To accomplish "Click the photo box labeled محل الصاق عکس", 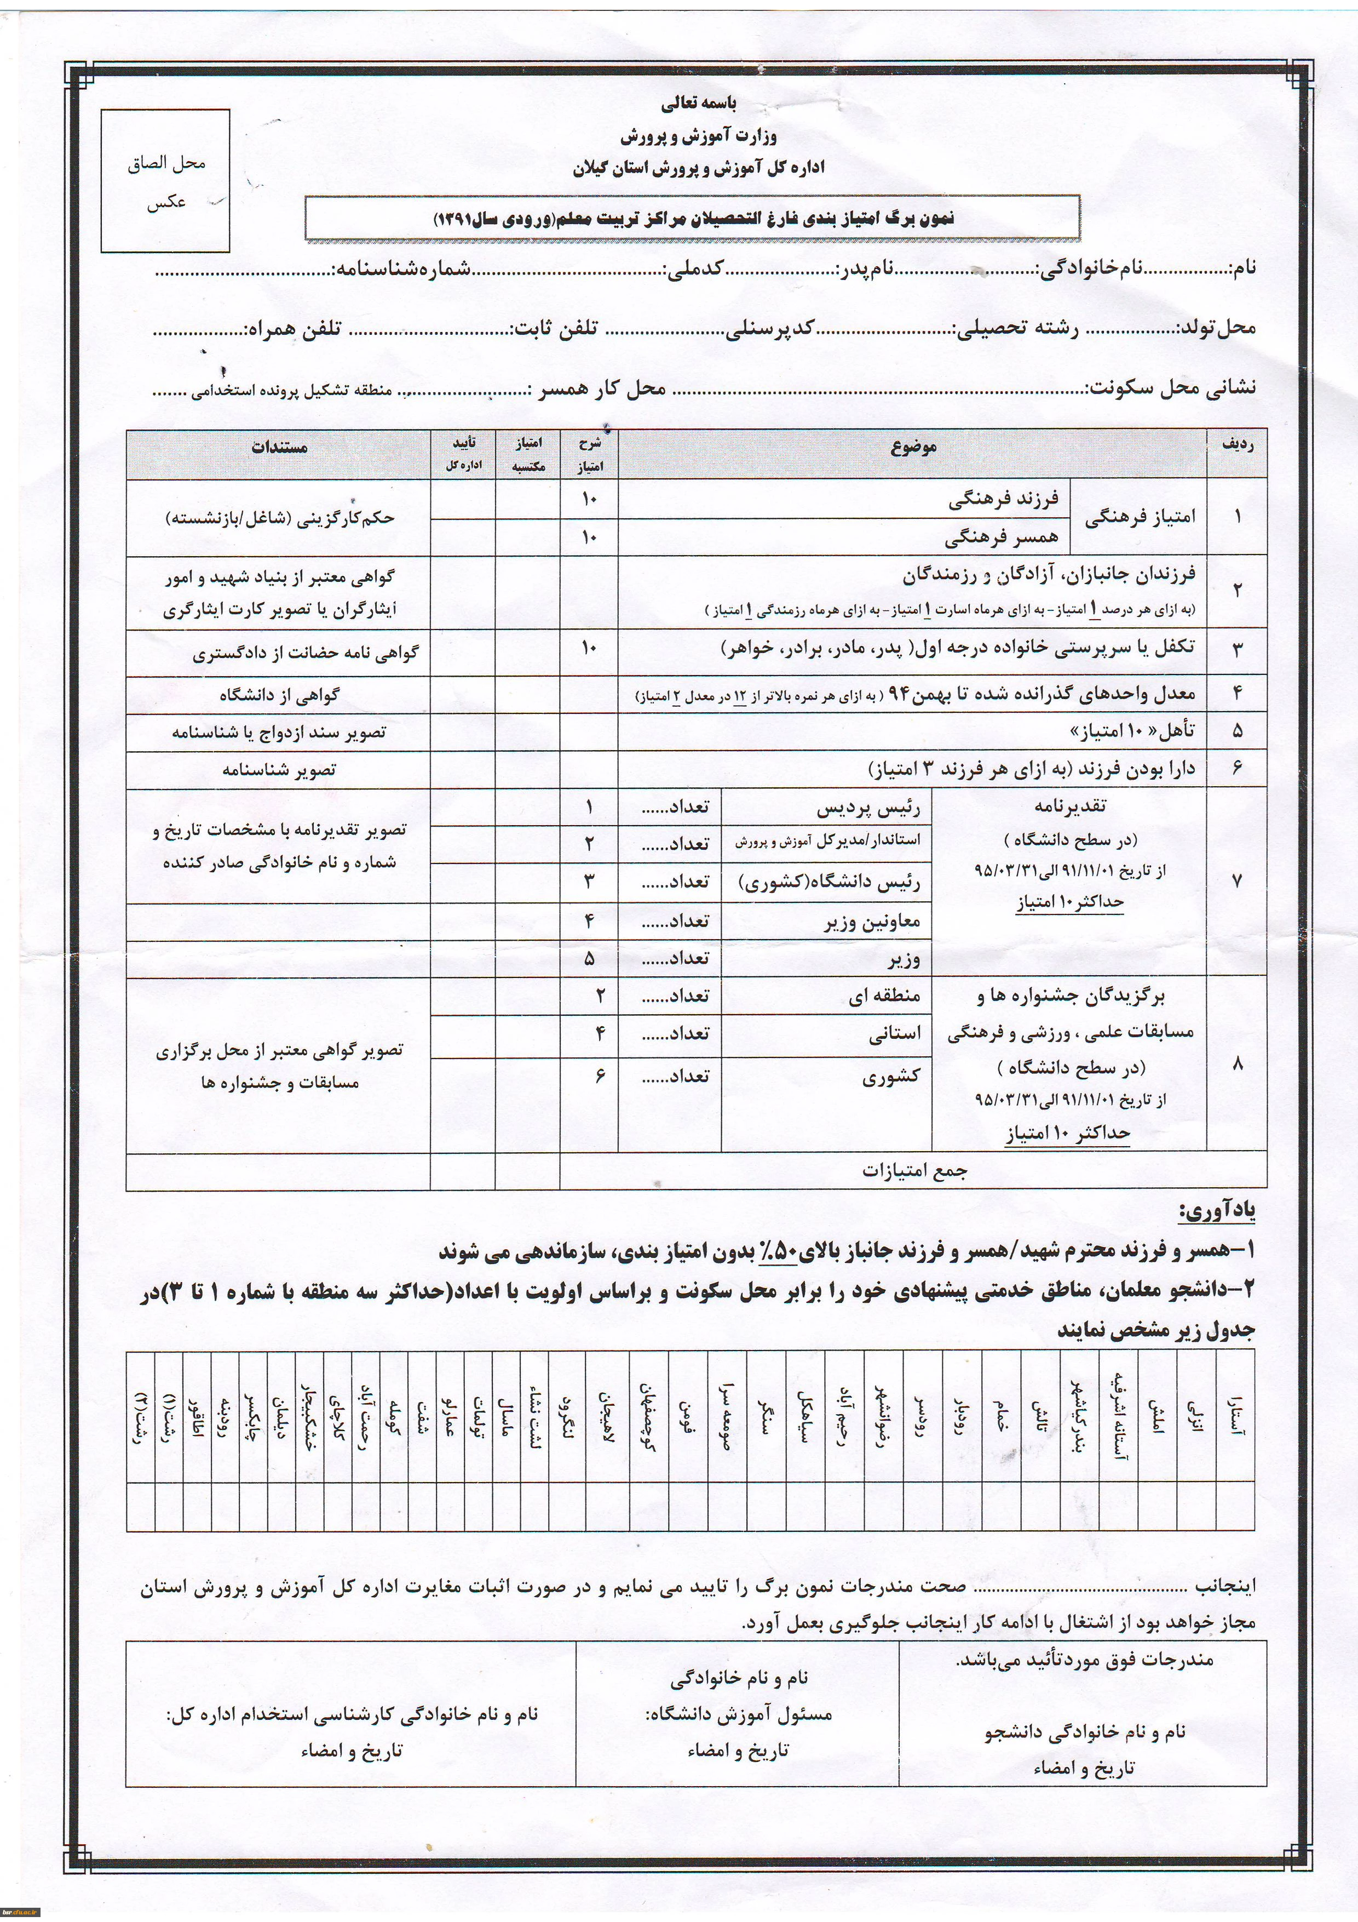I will click(x=166, y=182).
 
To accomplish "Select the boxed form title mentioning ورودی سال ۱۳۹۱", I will click(x=692, y=219).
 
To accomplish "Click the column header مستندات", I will click(x=279, y=447).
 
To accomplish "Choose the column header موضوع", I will click(x=913, y=447).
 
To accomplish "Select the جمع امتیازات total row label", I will click(x=914, y=1171).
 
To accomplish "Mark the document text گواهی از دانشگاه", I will click(x=279, y=695).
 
